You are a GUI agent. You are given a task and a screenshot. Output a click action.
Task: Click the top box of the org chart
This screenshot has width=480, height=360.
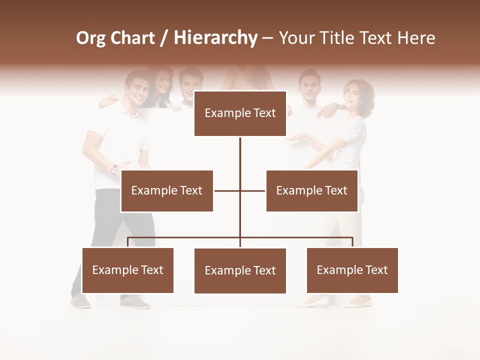(x=240, y=113)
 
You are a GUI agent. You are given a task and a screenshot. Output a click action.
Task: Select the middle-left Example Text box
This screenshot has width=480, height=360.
(x=167, y=190)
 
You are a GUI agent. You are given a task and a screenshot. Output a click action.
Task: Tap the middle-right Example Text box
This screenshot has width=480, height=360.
(x=312, y=190)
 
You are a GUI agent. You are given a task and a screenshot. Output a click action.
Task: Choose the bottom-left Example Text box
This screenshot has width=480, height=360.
(x=128, y=270)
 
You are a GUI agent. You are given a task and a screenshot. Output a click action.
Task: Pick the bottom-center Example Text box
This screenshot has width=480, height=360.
(x=240, y=270)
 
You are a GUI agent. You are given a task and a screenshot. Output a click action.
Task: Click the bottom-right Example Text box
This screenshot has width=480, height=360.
(x=352, y=270)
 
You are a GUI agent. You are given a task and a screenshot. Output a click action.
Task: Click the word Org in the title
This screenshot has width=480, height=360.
(x=90, y=38)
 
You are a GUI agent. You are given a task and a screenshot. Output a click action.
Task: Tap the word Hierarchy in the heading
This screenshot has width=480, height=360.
(x=215, y=38)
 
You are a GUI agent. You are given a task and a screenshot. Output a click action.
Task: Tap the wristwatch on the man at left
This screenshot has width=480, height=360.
(x=114, y=169)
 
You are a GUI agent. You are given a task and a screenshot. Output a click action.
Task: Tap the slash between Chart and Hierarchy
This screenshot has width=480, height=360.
(x=164, y=38)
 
